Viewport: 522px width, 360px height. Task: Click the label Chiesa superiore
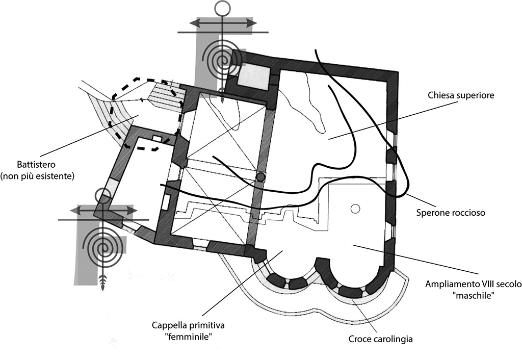tap(462, 95)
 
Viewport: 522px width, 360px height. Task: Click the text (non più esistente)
tap(38, 176)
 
